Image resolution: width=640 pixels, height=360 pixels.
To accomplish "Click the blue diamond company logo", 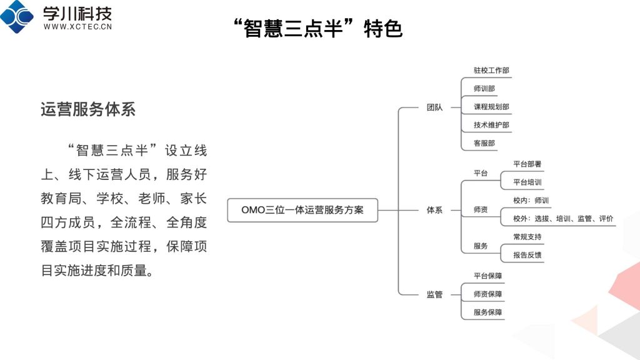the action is pyautogui.click(x=17, y=16).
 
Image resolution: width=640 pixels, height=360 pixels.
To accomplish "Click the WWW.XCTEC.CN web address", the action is pyautogui.click(x=77, y=26).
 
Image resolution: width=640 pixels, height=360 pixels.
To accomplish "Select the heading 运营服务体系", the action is pyautogui.click(x=87, y=109).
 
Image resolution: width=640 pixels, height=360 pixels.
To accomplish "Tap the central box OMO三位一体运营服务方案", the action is pyautogui.click(x=302, y=210).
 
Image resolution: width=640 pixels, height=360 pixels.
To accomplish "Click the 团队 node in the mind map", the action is pyautogui.click(x=434, y=107).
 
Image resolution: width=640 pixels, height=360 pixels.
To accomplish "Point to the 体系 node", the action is pyautogui.click(x=434, y=210).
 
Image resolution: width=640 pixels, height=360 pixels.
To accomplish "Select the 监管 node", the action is pyautogui.click(x=434, y=294).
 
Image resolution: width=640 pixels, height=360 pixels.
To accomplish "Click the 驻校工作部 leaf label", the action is pyautogui.click(x=491, y=70).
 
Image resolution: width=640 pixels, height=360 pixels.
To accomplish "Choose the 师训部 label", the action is pyautogui.click(x=484, y=89).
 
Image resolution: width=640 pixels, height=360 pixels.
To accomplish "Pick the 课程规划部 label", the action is pyautogui.click(x=491, y=107).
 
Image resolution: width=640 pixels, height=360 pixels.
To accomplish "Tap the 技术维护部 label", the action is pyautogui.click(x=491, y=125).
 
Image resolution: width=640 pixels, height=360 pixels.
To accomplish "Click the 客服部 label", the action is pyautogui.click(x=484, y=143).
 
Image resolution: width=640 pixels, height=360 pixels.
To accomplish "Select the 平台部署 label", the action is pyautogui.click(x=527, y=164).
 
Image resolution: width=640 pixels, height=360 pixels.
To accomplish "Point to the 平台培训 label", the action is pyautogui.click(x=527, y=182).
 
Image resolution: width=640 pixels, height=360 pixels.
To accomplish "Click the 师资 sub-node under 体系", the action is pyautogui.click(x=481, y=210).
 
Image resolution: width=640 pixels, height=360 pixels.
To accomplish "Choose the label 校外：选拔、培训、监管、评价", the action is pyautogui.click(x=563, y=219).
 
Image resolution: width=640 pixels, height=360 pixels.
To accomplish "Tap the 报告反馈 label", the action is pyautogui.click(x=527, y=255).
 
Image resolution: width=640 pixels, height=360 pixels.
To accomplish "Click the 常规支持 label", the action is pyautogui.click(x=527, y=237).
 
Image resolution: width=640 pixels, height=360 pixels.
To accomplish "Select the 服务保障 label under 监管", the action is pyautogui.click(x=487, y=312).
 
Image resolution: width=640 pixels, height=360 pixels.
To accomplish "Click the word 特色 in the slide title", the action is pyautogui.click(x=383, y=29).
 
